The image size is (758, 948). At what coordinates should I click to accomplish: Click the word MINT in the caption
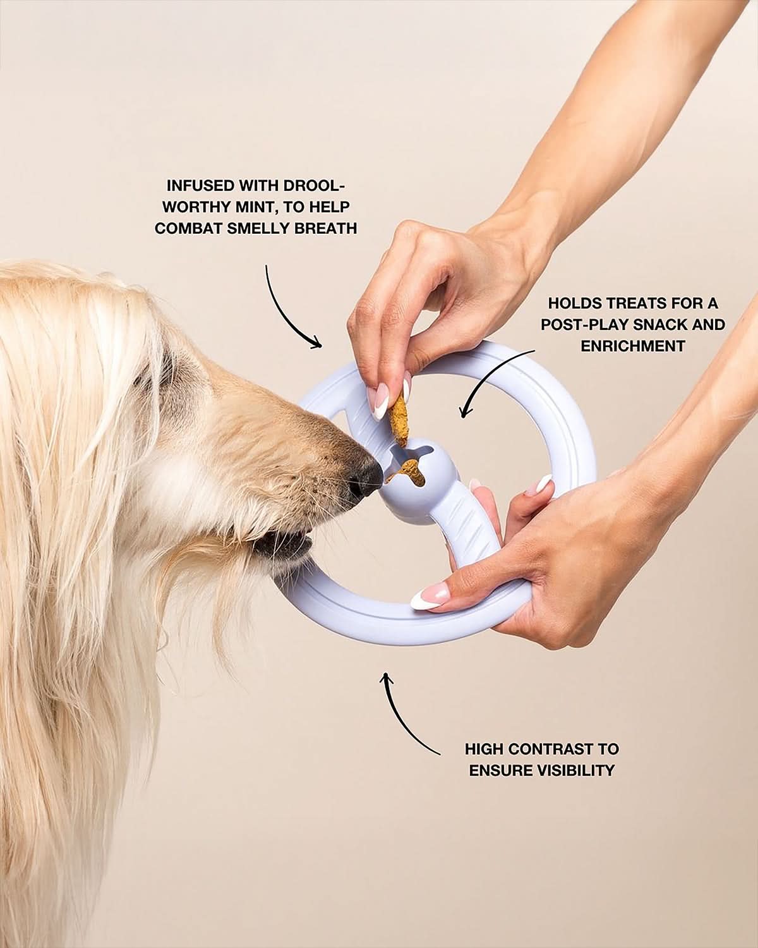pyautogui.click(x=255, y=207)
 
